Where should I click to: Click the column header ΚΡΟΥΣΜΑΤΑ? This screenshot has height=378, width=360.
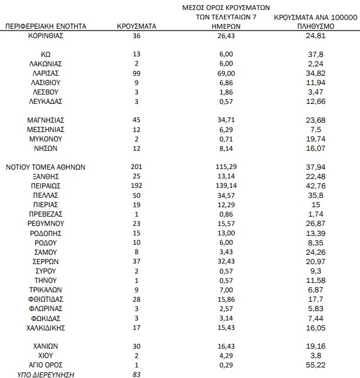point(136,26)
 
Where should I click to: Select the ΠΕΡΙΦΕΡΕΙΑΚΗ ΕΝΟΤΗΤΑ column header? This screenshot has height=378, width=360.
point(46,26)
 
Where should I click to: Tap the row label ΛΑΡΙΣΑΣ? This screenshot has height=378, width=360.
point(46,73)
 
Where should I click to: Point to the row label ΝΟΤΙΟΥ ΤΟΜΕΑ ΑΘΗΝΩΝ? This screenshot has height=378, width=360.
point(46,167)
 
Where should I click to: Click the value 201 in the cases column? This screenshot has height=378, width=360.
point(136,167)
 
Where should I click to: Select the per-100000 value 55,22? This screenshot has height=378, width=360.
point(316,365)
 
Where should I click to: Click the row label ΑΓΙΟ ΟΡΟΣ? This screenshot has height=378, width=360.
point(46,365)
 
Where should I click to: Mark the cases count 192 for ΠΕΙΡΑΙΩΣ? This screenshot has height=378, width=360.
point(136,185)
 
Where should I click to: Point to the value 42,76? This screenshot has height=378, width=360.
point(316,185)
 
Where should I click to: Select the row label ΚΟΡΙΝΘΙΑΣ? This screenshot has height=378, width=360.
point(46,35)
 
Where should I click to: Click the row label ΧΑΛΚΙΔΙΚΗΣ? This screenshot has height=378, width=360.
point(46,327)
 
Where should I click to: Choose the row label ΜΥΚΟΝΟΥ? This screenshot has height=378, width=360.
point(46,139)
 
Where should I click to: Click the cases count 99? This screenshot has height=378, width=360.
point(136,73)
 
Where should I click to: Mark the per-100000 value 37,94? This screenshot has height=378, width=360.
point(316,167)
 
